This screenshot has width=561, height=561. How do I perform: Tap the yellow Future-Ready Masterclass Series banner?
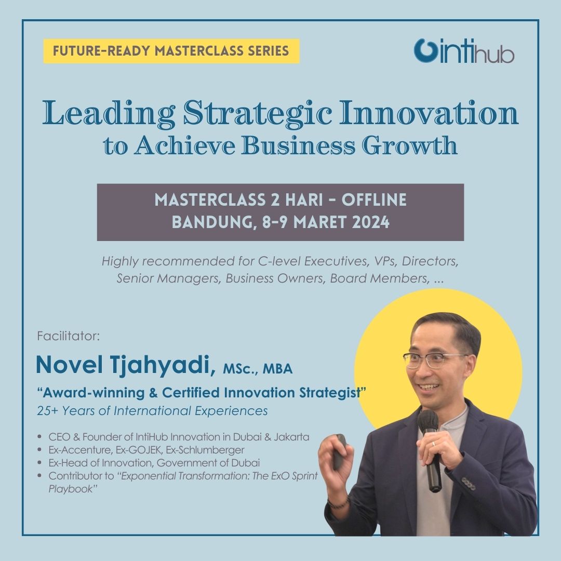171,51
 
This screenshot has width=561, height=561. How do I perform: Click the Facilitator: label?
68,336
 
